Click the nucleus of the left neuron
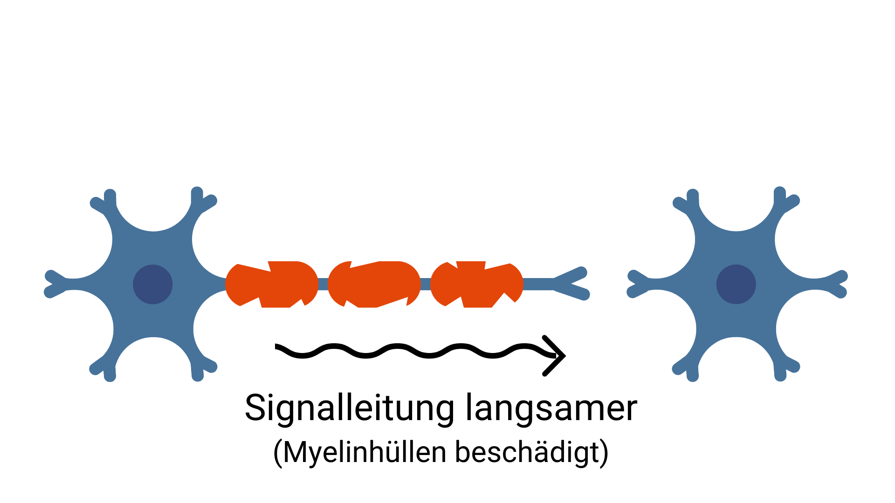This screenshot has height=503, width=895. click(x=153, y=284)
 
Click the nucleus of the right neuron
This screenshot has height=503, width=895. click(x=736, y=284)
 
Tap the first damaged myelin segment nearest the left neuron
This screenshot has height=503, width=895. click(x=272, y=284)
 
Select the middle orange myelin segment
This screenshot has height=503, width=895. click(x=374, y=284)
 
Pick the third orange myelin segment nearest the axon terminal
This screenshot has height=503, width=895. click(x=476, y=284)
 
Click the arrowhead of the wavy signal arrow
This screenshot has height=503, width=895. click(x=558, y=355)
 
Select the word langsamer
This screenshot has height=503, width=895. click(x=551, y=408)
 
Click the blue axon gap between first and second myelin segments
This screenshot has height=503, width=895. click(x=323, y=284)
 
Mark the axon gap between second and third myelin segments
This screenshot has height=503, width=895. click(x=425, y=284)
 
